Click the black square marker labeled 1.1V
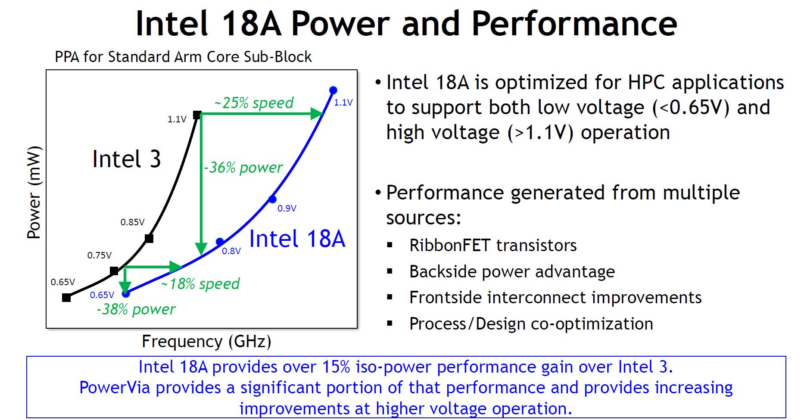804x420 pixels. coord(197,115)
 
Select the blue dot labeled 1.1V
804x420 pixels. coord(333,90)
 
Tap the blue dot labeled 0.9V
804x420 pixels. coord(272,199)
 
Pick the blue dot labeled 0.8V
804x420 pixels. coord(220,241)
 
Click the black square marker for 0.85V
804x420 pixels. coord(149,238)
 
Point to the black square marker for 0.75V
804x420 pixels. coord(114,271)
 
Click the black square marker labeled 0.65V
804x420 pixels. coord(66,298)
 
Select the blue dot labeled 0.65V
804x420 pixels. coord(126,294)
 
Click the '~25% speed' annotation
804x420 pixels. coord(254,103)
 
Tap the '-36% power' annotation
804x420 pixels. coord(243,167)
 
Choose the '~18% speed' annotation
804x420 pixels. coord(200,284)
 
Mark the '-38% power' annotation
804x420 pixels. coord(136,309)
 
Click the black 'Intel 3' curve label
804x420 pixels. coord(127,159)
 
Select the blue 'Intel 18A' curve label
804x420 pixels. coord(297,239)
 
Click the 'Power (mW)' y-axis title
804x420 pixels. coord(34,193)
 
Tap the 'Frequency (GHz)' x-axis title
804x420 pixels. coord(206,341)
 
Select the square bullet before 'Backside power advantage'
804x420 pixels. coord(390,272)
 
